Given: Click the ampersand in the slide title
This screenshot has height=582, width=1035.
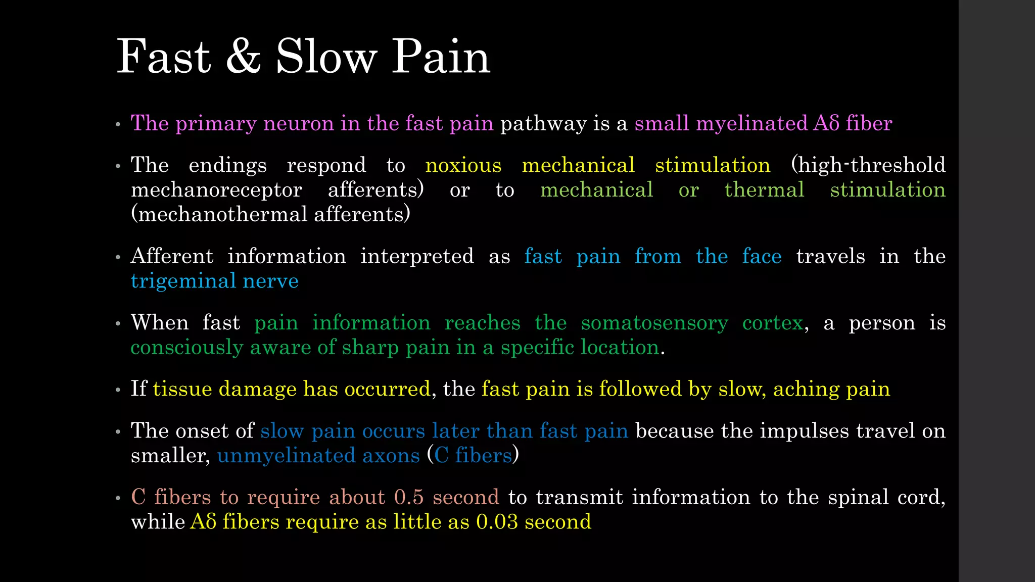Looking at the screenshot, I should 243,57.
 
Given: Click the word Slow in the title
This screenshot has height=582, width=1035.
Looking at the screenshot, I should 326,57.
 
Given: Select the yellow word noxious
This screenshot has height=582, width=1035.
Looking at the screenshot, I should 463,166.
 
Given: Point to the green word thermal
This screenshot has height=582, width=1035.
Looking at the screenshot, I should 764,190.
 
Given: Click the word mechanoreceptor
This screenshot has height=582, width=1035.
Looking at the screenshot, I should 216,190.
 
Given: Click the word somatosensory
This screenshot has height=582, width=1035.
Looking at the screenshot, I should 654,323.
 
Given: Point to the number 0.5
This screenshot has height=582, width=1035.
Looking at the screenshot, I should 409,497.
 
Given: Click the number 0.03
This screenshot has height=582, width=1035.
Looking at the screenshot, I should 497,522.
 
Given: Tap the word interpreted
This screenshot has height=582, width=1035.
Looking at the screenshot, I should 417,257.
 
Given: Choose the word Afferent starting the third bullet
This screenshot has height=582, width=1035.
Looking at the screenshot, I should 172,256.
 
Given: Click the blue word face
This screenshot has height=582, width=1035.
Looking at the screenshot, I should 762,257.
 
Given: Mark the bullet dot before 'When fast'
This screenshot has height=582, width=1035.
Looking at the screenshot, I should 118,323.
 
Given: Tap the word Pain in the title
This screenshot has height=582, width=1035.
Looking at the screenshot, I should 441,57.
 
